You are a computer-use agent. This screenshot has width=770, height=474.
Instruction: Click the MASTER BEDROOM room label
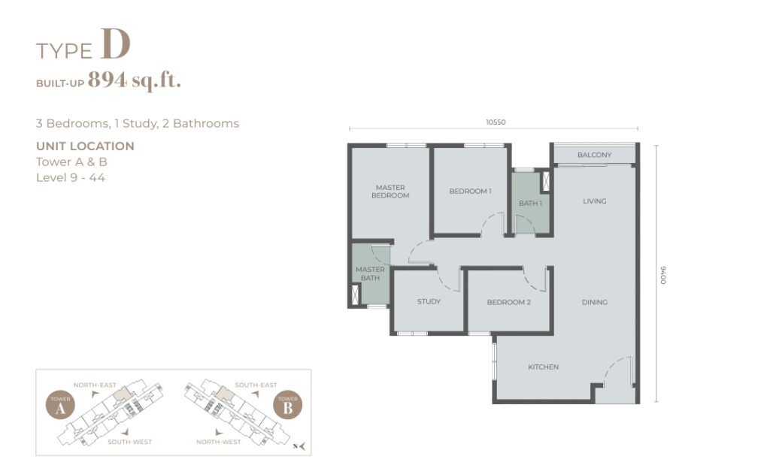[390, 192]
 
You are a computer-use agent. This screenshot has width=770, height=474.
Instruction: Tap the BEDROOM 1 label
[470, 191]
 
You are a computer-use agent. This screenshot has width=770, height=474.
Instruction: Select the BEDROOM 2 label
[509, 302]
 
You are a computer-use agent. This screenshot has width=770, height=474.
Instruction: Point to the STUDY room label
[429, 301]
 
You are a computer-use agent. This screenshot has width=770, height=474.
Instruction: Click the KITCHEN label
[543, 367]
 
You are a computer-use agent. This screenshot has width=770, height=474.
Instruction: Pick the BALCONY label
[594, 155]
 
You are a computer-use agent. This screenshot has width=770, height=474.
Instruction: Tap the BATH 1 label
[530, 203]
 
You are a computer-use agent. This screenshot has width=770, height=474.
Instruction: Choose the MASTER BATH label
[370, 273]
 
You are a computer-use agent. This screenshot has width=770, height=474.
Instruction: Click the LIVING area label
[594, 201]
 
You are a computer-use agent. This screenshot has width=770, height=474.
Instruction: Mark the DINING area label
[594, 302]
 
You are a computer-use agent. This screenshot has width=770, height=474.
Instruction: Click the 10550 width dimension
[496, 122]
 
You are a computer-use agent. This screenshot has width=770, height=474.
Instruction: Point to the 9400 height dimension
[663, 275]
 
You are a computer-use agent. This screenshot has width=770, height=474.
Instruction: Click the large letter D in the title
[116, 44]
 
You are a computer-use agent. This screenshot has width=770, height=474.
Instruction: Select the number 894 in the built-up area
[107, 79]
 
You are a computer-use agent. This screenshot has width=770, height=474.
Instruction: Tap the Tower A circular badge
[60, 406]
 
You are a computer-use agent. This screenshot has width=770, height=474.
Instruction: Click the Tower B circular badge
[288, 406]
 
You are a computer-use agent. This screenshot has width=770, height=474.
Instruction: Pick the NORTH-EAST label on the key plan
[95, 385]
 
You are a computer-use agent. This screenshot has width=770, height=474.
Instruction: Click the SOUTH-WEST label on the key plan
[129, 442]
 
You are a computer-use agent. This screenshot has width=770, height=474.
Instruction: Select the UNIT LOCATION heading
[85, 146]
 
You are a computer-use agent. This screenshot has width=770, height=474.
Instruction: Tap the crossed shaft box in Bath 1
[545, 181]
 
